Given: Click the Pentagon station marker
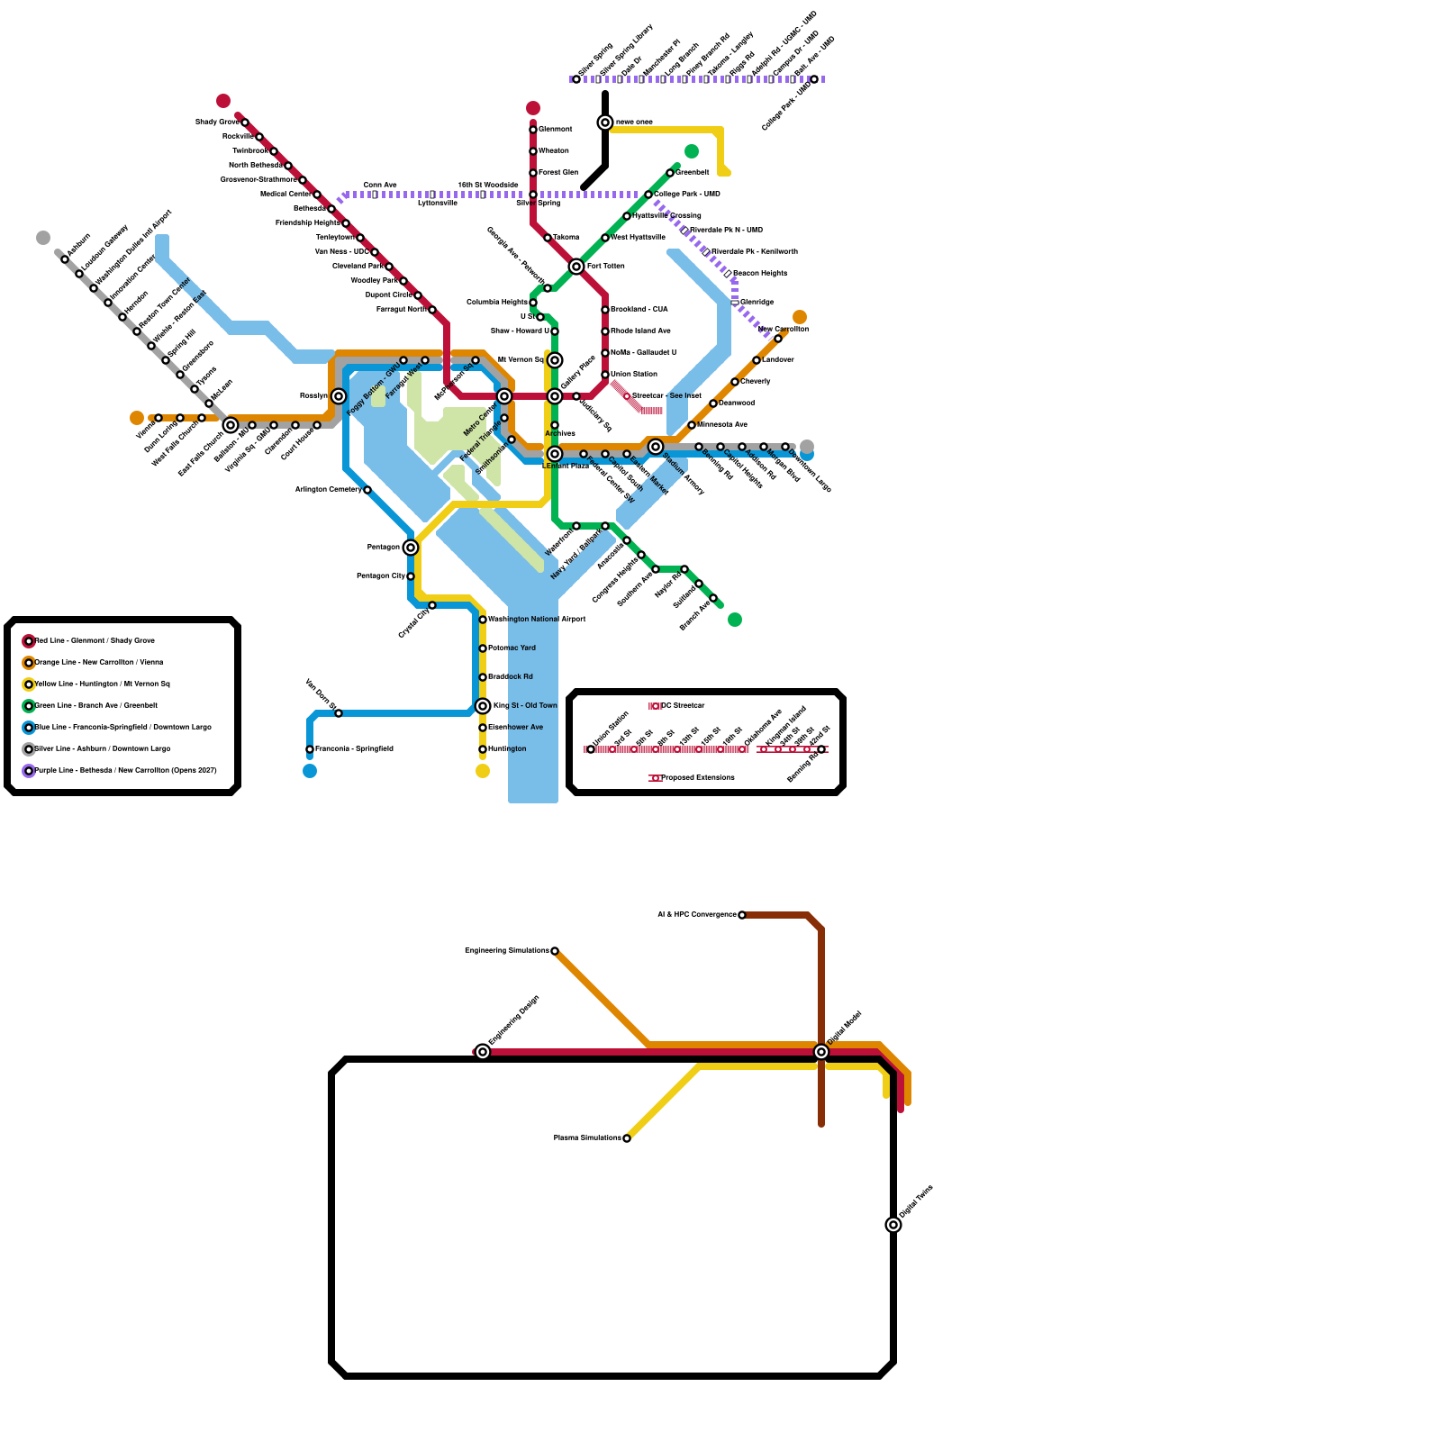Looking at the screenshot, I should pos(411,548).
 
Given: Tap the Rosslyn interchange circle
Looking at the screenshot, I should pos(339,396).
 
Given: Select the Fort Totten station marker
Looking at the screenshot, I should pos(576,267).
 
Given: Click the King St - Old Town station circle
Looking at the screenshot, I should pos(483,706).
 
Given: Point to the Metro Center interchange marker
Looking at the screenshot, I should pos(504,396).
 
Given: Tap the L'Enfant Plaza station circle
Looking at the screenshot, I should pos(555,454).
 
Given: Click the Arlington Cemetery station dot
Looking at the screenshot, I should pos(367,490).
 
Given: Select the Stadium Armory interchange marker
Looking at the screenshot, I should pos(656,447).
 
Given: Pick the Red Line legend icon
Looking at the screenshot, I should pos(29,641).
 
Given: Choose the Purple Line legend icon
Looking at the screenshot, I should pos(29,771).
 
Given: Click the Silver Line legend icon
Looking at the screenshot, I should pos(29,749).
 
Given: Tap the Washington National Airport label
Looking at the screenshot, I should pos(537,620).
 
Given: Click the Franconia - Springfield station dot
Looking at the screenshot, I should pos(310,749).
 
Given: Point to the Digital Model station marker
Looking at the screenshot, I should pos(821,1052).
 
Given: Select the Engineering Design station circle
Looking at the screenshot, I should pos(483,1052).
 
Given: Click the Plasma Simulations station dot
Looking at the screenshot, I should pos(627,1138).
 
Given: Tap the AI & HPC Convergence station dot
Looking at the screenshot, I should pos(742,915).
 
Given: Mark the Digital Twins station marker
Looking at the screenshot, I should pos(893,1225).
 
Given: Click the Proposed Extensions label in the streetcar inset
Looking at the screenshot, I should pos(698,778).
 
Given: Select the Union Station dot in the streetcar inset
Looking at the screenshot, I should pos(591,749).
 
